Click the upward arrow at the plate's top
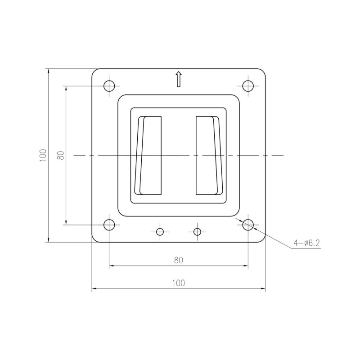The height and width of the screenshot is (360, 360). (x=178, y=79)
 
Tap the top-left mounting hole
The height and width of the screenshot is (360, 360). (x=109, y=86)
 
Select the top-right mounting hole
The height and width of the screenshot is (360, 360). (x=248, y=86)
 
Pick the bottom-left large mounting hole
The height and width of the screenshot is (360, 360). (x=109, y=225)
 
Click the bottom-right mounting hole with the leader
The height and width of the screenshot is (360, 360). (x=248, y=225)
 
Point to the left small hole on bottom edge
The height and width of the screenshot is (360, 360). (x=160, y=232)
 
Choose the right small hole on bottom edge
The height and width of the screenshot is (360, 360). (x=197, y=232)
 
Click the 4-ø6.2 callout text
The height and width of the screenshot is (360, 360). (x=307, y=243)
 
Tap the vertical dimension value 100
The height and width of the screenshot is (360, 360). (x=43, y=155)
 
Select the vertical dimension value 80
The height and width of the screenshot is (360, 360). (x=61, y=155)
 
